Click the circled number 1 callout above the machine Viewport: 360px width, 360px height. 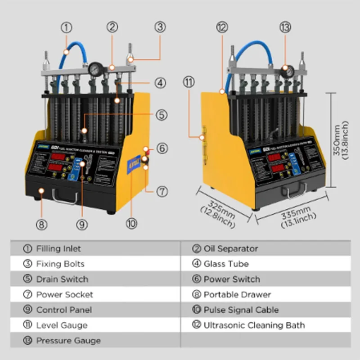pos(67,27)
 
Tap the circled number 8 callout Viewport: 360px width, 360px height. pos(41,224)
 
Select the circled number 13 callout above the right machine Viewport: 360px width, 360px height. pos(285,27)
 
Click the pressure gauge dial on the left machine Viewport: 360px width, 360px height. pos(95,69)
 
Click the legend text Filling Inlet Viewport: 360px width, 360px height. pos(58,248)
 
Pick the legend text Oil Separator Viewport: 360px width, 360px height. pos(231,248)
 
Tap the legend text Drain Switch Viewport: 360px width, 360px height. pos(62,279)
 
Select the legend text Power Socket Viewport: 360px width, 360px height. pos(64,294)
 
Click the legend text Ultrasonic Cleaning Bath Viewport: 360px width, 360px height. pos(254,325)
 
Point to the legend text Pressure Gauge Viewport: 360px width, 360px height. pos(68,340)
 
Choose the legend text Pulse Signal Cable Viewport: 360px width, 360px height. pos(241,310)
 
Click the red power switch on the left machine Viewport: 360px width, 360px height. pos(146,149)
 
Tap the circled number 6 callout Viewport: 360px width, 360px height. pos(162,148)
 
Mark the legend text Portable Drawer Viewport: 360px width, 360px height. pos(237,294)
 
